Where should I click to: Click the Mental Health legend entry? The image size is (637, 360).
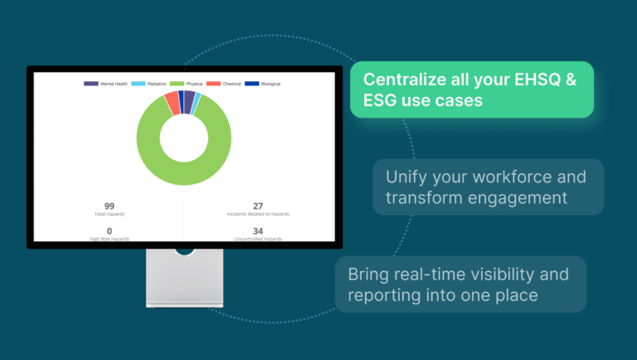pyautogui.click(x=104, y=84)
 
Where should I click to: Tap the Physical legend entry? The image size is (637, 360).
pyautogui.click(x=187, y=84)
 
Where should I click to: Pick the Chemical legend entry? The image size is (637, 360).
pyautogui.click(x=225, y=84)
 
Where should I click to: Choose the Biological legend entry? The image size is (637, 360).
pyautogui.click(x=263, y=84)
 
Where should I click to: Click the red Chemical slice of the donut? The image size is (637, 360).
pyautogui.click(x=172, y=102)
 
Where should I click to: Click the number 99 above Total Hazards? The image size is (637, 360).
pyautogui.click(x=109, y=206)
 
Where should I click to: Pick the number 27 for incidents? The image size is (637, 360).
pyautogui.click(x=257, y=206)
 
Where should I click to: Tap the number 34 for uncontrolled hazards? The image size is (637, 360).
pyautogui.click(x=257, y=231)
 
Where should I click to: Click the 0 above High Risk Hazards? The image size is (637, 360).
pyautogui.click(x=109, y=231)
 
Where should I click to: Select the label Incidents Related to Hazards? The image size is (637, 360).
pyautogui.click(x=257, y=216)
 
